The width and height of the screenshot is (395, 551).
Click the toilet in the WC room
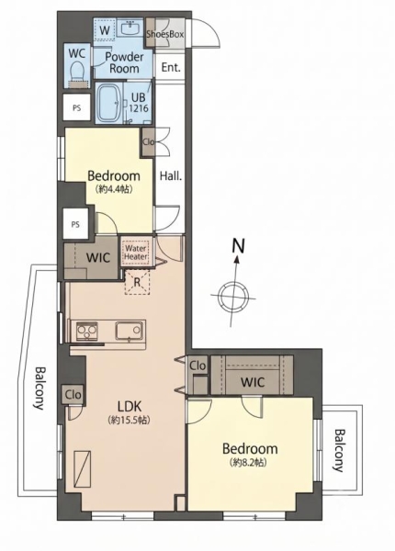[x=77, y=73]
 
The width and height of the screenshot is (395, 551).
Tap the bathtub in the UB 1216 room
[x=109, y=102]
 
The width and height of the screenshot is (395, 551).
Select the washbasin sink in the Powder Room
[x=132, y=28]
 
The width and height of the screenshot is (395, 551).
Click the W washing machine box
[x=105, y=30]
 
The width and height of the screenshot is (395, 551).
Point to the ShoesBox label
[x=164, y=35]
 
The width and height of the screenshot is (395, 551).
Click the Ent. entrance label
[x=171, y=67]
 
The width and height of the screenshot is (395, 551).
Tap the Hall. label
[x=171, y=175]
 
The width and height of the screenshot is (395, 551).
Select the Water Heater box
[x=136, y=252]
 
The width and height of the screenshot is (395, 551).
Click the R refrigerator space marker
[x=138, y=282]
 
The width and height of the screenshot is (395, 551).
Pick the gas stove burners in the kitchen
[x=87, y=331]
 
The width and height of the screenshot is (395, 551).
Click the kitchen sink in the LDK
[x=130, y=331]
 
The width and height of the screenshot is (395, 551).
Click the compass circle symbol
[x=233, y=297]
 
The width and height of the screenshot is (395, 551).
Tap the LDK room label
[x=129, y=407]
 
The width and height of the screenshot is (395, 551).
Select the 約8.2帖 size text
[x=249, y=462]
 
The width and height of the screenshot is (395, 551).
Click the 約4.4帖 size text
[x=114, y=189]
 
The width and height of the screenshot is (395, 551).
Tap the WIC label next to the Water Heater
[x=98, y=257]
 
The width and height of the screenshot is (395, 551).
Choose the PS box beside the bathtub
[x=77, y=107]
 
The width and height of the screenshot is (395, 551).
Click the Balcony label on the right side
[x=339, y=450]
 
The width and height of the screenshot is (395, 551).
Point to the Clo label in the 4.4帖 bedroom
[x=149, y=142]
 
